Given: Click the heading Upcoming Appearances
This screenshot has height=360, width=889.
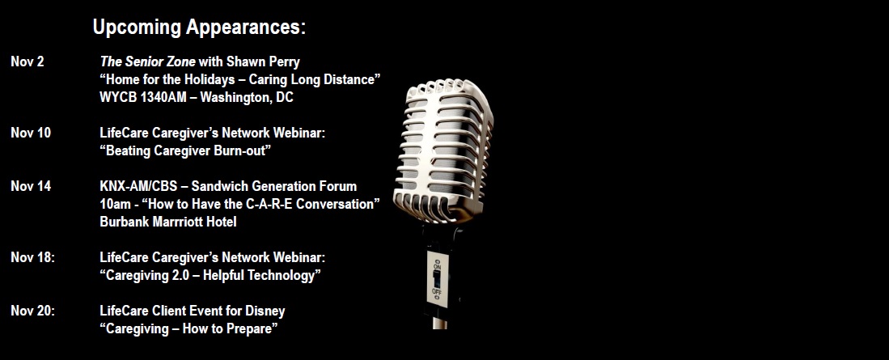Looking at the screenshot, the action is click(199, 28).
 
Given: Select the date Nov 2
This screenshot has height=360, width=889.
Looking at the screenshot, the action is click(28, 61).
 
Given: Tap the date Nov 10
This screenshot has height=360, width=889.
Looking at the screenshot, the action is click(31, 133).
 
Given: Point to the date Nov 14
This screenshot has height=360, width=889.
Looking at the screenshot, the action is click(31, 186).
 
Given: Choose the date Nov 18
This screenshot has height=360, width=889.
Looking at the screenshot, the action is click(33, 257).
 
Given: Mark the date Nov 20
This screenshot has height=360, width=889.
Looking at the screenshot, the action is click(33, 311).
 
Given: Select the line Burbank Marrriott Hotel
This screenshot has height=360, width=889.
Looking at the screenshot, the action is click(167, 222).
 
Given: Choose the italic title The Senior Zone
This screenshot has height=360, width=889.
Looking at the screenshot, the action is click(147, 61).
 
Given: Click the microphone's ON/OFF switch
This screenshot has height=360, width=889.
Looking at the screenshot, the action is click(437, 278).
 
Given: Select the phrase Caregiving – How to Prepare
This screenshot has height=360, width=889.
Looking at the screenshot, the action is click(188, 328).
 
